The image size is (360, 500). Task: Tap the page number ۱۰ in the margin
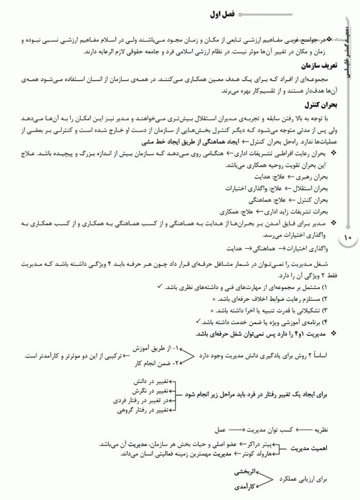pyautogui.click(x=346, y=238)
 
